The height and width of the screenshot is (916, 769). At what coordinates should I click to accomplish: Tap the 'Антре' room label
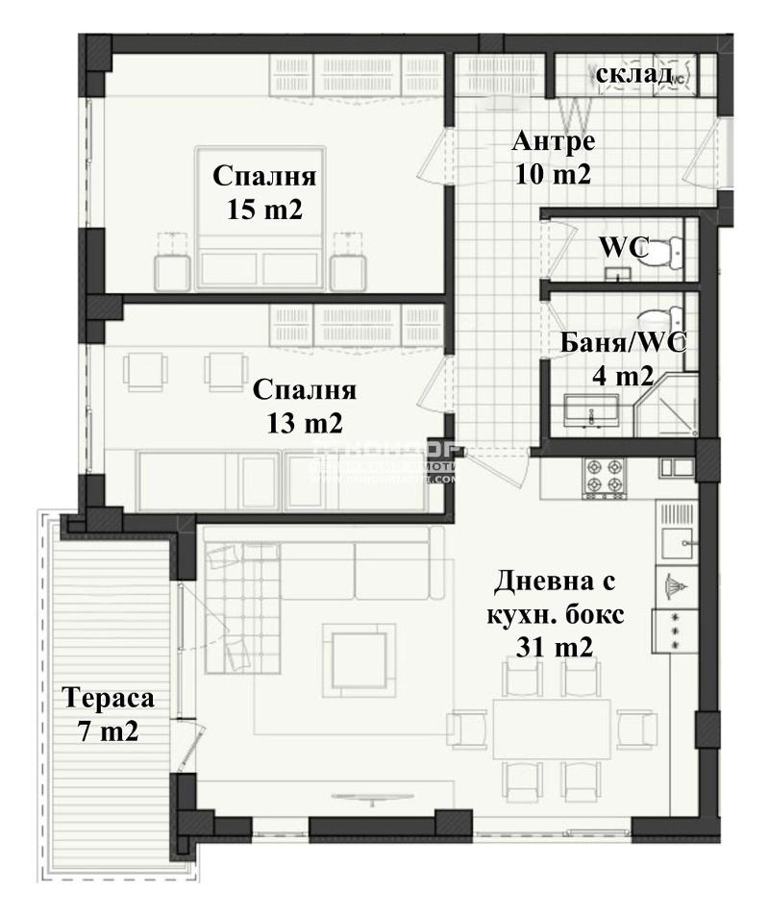click(x=553, y=141)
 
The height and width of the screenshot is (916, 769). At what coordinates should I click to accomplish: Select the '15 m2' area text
click(x=264, y=210)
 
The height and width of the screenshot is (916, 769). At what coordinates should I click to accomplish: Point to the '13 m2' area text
click(x=305, y=422)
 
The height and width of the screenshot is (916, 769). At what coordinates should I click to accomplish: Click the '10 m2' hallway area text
click(x=553, y=175)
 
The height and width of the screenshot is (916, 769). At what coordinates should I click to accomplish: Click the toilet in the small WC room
click(x=663, y=250)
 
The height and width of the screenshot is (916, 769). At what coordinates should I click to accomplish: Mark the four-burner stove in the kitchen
click(x=604, y=474)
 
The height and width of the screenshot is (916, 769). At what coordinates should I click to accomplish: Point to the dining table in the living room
click(x=551, y=727)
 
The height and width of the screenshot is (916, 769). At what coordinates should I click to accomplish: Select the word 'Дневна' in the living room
click(x=555, y=582)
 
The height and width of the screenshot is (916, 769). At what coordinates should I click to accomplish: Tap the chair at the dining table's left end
click(x=468, y=728)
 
